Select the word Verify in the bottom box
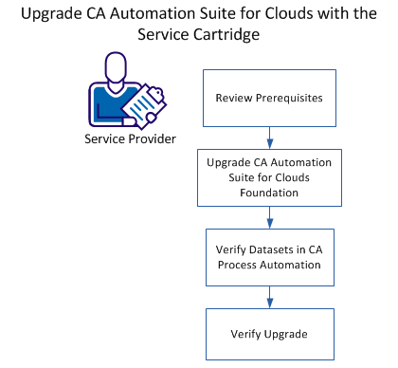tap(247, 334)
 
